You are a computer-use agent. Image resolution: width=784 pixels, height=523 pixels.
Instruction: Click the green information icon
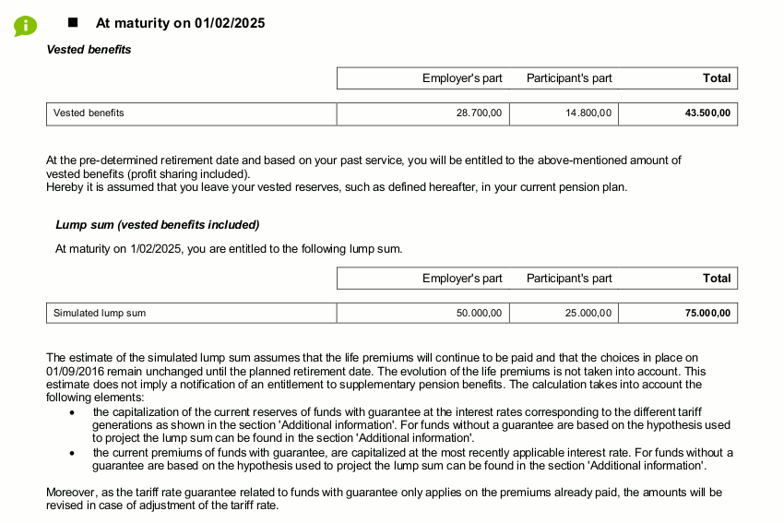coord(25,25)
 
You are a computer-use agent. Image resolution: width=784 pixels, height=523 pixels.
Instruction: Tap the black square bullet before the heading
coord(74,22)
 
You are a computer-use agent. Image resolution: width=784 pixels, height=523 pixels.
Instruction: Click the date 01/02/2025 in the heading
coord(230,23)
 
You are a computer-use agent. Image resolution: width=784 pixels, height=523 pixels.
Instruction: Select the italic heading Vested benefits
coord(89,50)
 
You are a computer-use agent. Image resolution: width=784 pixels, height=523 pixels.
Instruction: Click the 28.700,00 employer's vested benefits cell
coord(479,113)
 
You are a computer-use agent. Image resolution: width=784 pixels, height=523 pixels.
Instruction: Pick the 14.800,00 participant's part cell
coord(588,113)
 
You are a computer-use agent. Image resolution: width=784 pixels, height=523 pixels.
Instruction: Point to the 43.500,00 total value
coord(707,113)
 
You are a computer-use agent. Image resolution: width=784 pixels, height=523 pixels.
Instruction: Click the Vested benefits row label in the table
coord(89,113)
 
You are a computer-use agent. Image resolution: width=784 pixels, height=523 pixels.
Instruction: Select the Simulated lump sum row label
coord(100,314)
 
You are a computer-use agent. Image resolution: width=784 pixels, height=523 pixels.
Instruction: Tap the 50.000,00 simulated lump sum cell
coord(479,314)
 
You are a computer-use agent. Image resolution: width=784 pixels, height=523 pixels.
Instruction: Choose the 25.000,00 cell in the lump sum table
coord(588,314)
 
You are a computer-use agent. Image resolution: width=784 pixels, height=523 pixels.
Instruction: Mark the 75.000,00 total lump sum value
coord(707,314)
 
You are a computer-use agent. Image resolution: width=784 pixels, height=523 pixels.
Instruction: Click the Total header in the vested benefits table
coord(717,78)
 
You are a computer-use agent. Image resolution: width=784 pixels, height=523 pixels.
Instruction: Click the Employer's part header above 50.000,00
coord(462,279)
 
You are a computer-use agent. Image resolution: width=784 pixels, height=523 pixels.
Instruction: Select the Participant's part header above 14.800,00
coord(569,78)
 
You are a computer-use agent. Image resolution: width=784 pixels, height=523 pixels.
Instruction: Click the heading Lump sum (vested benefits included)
coord(158,225)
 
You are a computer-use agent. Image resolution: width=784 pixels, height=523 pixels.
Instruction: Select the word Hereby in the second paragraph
coord(63,187)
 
